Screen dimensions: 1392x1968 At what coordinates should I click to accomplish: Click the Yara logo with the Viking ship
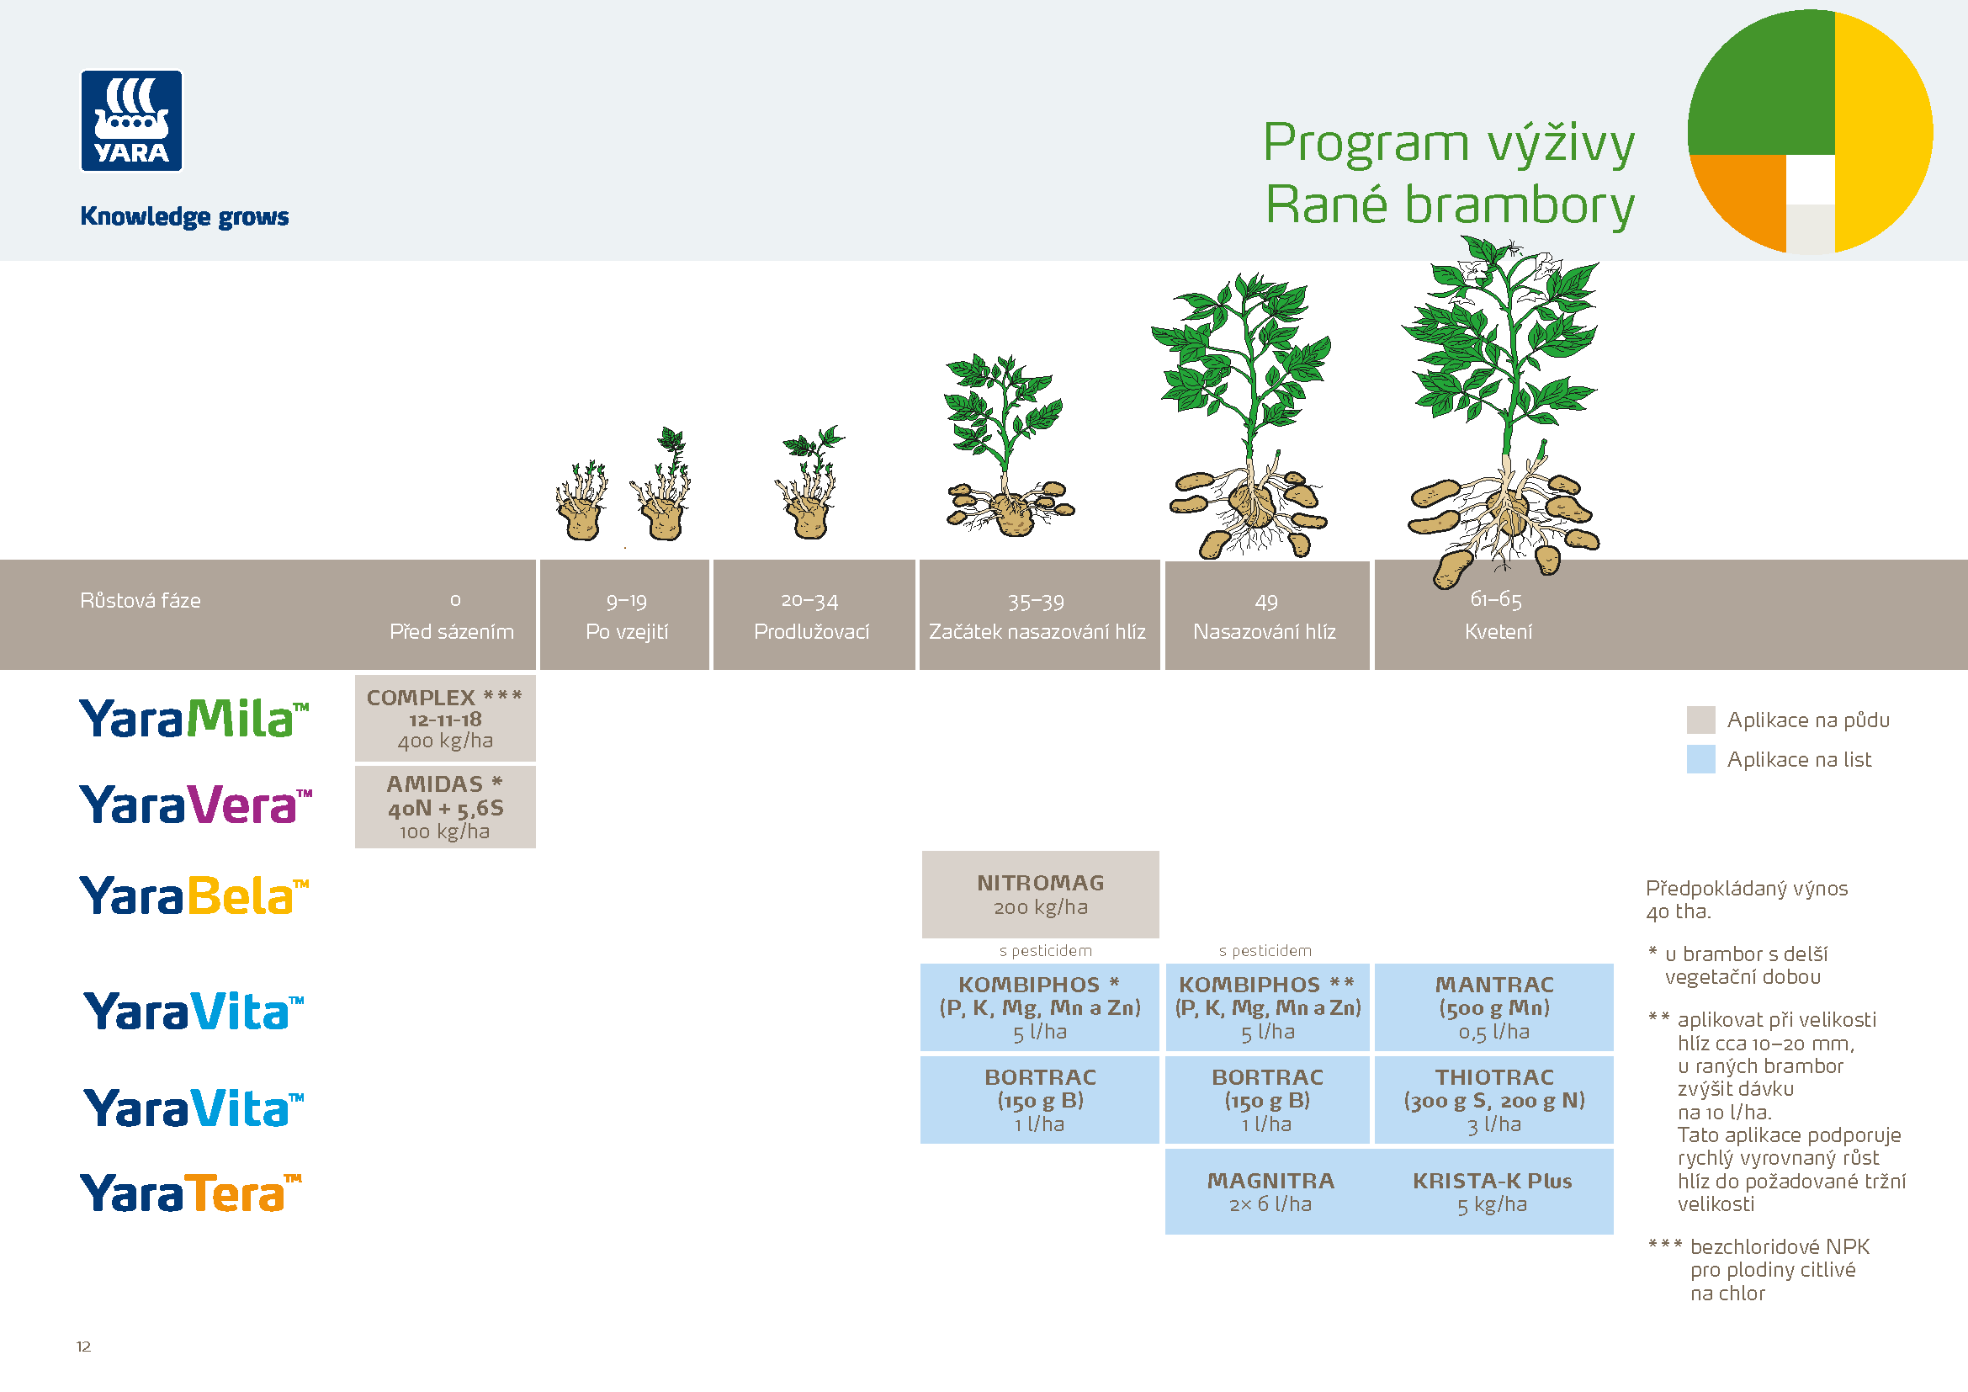coord(131,121)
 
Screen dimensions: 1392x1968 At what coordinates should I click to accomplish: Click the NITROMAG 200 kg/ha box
coord(1040,894)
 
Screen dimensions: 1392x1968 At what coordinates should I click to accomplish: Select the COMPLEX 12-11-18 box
coord(445,718)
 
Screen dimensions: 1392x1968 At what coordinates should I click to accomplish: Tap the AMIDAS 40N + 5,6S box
coord(445,806)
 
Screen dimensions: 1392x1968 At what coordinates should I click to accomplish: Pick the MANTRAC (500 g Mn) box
coord(1493,1007)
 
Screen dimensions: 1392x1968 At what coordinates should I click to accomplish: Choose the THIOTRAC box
coord(1493,1100)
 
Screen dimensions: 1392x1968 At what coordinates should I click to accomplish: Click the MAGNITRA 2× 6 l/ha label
coord(1270,1192)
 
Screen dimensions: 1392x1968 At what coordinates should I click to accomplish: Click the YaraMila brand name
coord(194,718)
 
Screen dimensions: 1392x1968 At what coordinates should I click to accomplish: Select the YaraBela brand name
coord(194,895)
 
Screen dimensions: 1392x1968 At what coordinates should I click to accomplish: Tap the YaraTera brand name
coord(190,1193)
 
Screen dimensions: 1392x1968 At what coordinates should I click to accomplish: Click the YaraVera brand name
coord(195,805)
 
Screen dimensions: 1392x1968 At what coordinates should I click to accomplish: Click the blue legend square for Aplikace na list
coord(1700,759)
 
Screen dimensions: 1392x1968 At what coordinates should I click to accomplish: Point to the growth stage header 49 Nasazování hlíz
coord(1265,615)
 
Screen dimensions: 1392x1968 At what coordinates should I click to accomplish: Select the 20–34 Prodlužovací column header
coord(812,615)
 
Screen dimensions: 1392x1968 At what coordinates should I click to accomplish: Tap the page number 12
coord(83,1347)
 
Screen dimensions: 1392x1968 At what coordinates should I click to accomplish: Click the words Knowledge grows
coord(184,216)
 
